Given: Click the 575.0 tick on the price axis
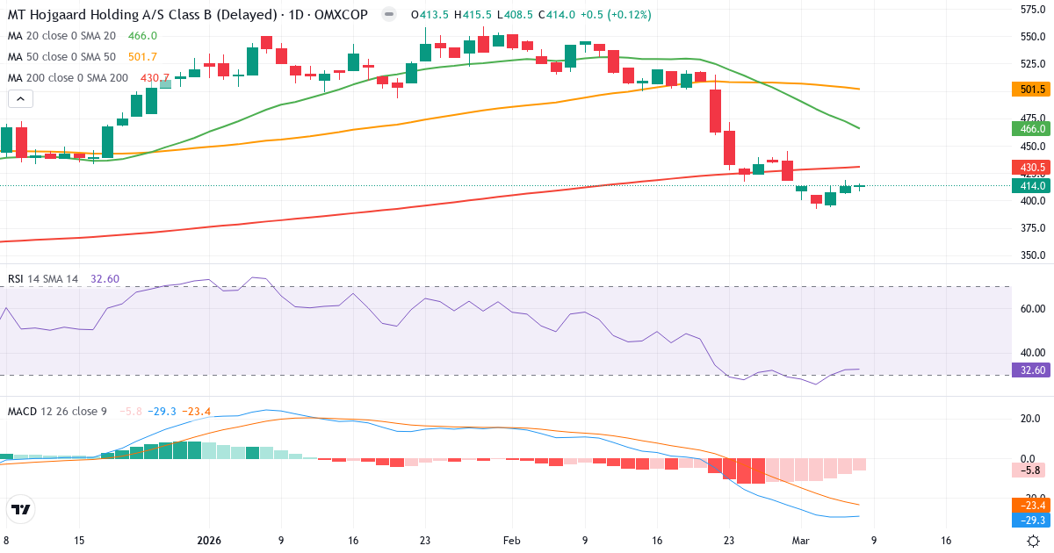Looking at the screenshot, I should pos(1031,10).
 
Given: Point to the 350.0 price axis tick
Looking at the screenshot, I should pos(1031,255).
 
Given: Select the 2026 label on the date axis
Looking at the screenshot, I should pos(209,541).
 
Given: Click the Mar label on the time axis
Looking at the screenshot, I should pos(800,541).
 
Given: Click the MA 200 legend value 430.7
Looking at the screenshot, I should pos(155,77).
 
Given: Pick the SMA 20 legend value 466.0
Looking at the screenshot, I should pos(142,35).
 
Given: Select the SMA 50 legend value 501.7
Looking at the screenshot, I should pos(142,56).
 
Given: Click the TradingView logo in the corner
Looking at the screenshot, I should pos(21,509).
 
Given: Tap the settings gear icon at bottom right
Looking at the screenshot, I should pos(1034,541).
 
